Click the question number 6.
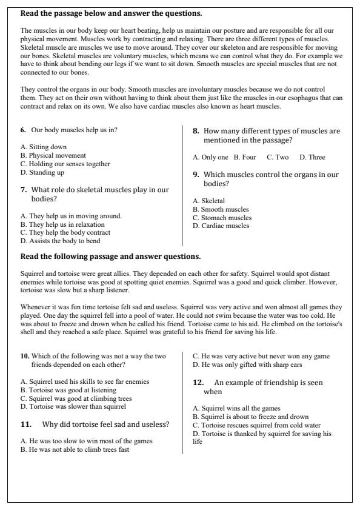23,130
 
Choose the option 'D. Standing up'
42,172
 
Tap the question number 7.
23,190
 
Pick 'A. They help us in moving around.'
71,215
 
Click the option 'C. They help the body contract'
65,232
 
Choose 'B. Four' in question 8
245,157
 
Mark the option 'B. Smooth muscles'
221,209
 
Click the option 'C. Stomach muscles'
222,218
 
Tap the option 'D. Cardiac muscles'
221,226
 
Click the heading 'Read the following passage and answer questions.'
110,257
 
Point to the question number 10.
24,355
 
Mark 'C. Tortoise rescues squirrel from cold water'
256,425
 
